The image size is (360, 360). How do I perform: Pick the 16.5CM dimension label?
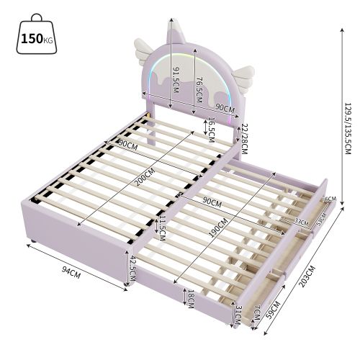pyautogui.click(x=211, y=129)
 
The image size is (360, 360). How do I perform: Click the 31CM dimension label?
pyautogui.click(x=238, y=314)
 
